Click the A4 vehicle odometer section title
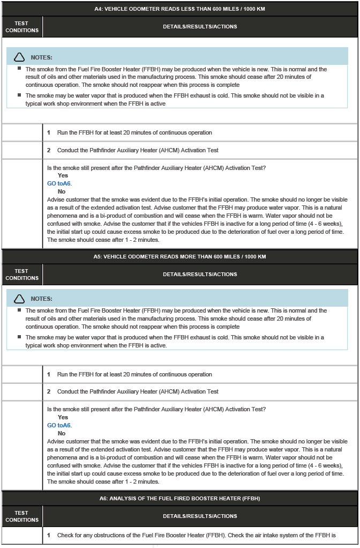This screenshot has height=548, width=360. (179, 9)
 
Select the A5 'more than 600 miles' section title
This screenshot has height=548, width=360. (179, 256)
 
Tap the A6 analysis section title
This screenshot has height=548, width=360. (179, 498)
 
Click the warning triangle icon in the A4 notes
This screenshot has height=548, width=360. (19, 57)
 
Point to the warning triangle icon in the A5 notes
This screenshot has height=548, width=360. (19, 299)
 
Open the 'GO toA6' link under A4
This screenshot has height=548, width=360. (59, 183)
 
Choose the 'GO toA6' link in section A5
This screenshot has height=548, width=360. (59, 425)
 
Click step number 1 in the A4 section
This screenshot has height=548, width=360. (49, 132)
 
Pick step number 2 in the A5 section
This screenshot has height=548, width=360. (49, 391)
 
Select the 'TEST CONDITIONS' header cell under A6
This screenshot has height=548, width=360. (22, 516)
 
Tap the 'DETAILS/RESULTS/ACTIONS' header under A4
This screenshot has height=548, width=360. (200, 27)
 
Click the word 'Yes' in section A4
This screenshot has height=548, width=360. (63, 175)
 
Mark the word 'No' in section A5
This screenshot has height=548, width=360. (62, 433)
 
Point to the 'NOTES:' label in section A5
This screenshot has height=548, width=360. (42, 299)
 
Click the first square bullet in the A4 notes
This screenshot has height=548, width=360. (19, 69)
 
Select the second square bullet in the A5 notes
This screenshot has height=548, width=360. (19, 337)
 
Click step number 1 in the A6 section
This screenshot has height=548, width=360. (49, 535)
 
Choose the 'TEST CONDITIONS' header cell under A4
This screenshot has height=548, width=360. (22, 27)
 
